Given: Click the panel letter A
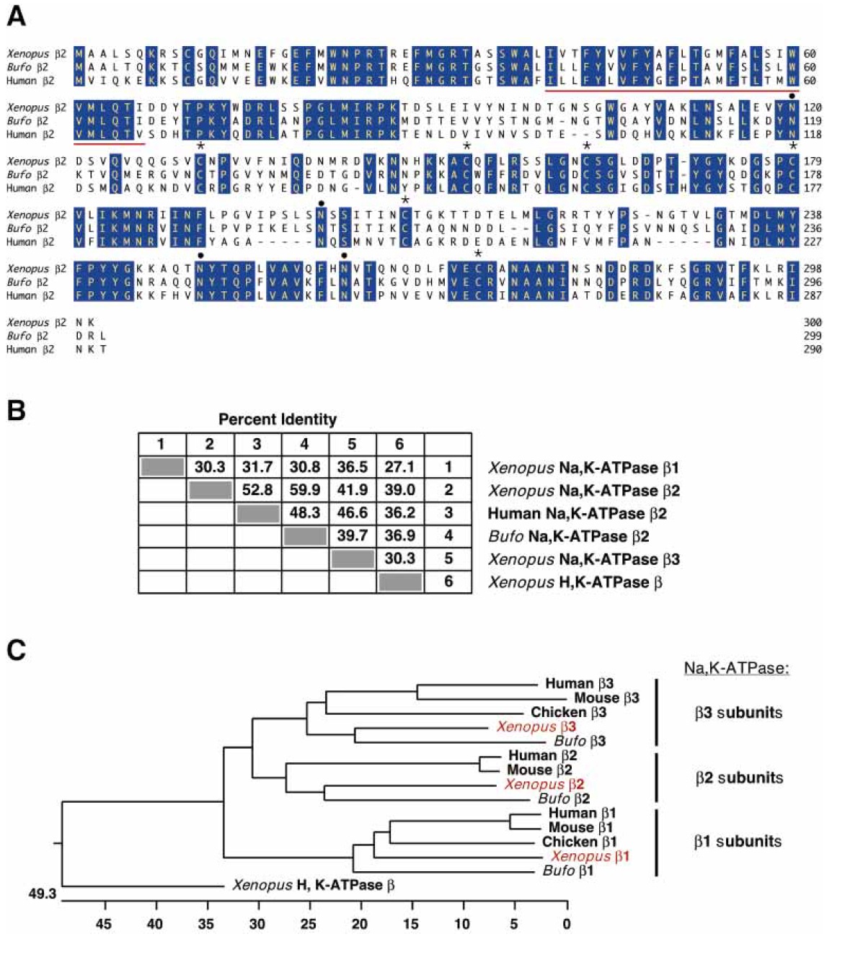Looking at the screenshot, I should pyautogui.click(x=16, y=16).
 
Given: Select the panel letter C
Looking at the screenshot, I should pyautogui.click(x=16, y=650).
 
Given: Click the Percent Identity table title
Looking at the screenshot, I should pyautogui.click(x=278, y=419).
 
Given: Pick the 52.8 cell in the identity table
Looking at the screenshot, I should pyautogui.click(x=257, y=490).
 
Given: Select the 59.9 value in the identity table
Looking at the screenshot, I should pyautogui.click(x=304, y=490).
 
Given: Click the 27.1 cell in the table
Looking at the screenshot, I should pyautogui.click(x=399, y=467).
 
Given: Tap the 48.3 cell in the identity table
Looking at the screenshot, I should pyautogui.click(x=304, y=513).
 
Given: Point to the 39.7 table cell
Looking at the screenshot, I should pyautogui.click(x=352, y=536).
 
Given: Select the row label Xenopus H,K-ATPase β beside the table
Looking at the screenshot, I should pyautogui.click(x=575, y=582).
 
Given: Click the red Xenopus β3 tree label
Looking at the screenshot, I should pyautogui.click(x=536, y=726).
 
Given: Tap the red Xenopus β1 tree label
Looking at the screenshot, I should pyautogui.click(x=590, y=856).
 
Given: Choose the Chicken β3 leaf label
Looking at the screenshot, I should pyautogui.click(x=568, y=712).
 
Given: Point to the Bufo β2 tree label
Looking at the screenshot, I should pyautogui.click(x=564, y=798).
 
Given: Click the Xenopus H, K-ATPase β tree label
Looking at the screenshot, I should pyautogui.click(x=313, y=885).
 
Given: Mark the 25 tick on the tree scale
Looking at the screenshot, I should pyautogui.click(x=309, y=923).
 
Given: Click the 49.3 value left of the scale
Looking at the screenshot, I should pyautogui.click(x=42, y=894).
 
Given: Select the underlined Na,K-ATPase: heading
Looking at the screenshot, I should pyautogui.click(x=736, y=669).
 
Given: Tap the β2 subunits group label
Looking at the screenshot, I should pyautogui.click(x=739, y=778).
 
